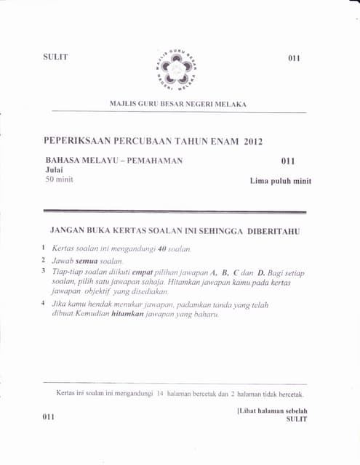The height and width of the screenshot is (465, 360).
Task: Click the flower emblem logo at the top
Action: pos(177,68)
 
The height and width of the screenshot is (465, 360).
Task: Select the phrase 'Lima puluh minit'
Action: pos(280,182)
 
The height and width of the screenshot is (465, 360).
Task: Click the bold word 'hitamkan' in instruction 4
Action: pos(131,315)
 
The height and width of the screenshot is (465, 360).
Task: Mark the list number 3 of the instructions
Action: pos(44,271)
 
